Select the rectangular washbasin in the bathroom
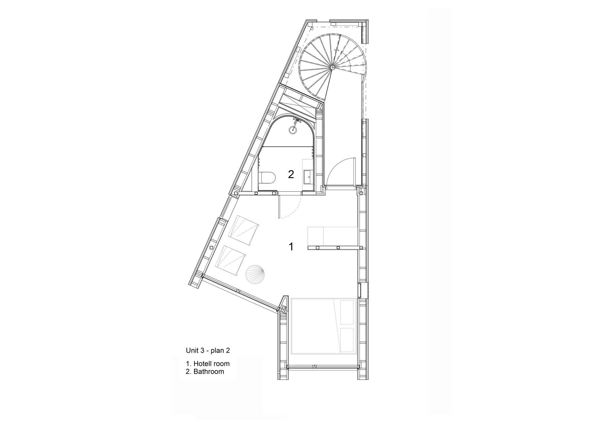tap(307, 177)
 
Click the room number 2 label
tap(291, 174)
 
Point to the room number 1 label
tap(291, 247)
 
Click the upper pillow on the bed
tap(347, 312)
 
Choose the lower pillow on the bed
tap(347, 340)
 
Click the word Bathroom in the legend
tap(208, 372)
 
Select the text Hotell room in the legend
tap(211, 364)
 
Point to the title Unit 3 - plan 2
tap(208, 350)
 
